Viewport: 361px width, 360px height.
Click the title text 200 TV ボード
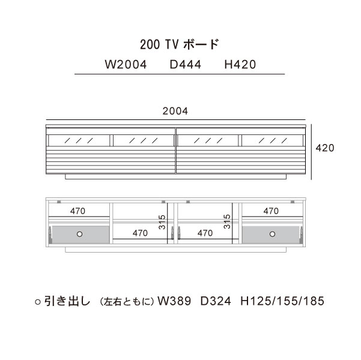tap(180, 44)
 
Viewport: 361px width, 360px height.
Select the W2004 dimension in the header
tap(126, 65)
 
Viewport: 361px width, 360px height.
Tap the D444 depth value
tap(186, 65)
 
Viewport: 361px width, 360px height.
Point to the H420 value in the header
tap(240, 65)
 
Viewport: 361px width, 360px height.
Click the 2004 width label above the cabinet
tap(175, 111)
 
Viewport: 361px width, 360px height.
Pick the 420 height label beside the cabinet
tap(325, 148)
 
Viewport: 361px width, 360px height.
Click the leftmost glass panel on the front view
tap(79, 140)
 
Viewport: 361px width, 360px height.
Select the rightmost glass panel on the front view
tap(272, 140)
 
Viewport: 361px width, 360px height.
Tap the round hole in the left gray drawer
tap(80, 234)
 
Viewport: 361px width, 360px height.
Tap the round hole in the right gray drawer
tap(272, 234)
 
